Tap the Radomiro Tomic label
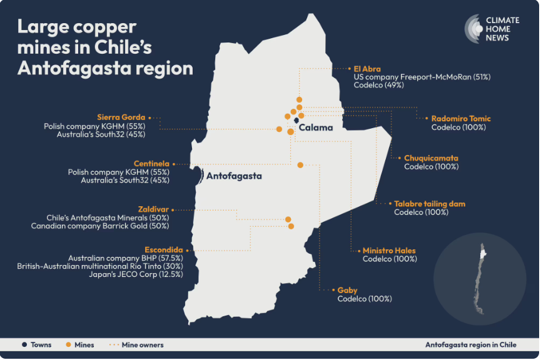pos(461,118)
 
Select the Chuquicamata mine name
pos(432,158)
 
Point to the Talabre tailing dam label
pos(430,204)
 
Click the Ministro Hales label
pos(389,251)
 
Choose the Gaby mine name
pos(347,290)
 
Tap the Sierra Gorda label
pos(121,117)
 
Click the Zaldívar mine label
pos(154,209)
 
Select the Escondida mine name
pos(164,249)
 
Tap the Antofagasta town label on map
pos(234,176)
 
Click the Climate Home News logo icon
pos(473,29)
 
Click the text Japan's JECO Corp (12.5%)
pos(136,274)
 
